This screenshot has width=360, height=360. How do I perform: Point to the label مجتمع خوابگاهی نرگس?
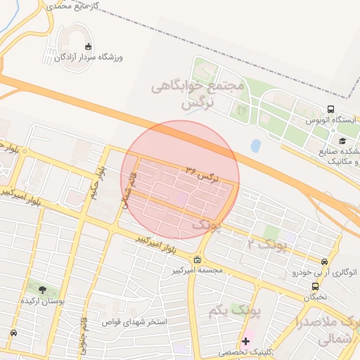tap(198, 94)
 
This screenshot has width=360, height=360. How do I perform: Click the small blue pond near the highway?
tap(255, 146)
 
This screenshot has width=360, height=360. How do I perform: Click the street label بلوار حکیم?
tap(101, 183)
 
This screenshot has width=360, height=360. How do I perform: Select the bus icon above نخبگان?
tap(316, 286)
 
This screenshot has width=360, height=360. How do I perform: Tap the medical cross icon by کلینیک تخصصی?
tap(245, 341)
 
